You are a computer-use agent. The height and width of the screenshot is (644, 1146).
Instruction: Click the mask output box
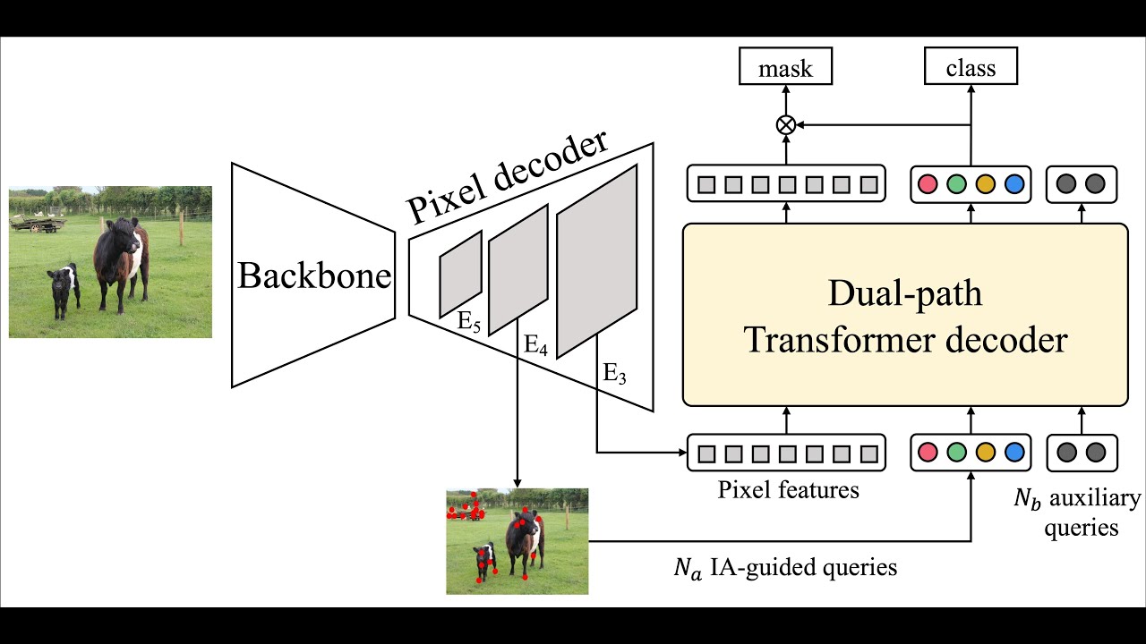[x=785, y=68]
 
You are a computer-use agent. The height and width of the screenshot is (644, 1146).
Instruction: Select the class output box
[x=971, y=68]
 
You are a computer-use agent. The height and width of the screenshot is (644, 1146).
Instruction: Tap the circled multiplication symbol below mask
[x=785, y=125]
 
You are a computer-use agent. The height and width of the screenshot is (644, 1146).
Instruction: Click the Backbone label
[x=313, y=276]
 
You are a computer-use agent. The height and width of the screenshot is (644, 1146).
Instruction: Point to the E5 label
[x=469, y=322]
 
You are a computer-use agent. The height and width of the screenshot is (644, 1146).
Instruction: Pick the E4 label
[x=535, y=344]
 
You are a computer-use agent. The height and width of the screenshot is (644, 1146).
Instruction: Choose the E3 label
[x=614, y=374]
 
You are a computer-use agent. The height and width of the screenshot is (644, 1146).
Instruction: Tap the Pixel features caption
[x=788, y=490]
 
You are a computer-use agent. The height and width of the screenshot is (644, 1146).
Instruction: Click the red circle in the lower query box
[x=928, y=453]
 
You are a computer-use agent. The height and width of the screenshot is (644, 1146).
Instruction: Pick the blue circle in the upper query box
[x=1013, y=184]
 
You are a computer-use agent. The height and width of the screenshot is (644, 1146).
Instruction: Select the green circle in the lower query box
[x=956, y=453]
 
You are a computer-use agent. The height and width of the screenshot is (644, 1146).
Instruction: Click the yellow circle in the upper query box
[x=985, y=184]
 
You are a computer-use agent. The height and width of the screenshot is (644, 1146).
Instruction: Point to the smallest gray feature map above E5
[x=460, y=273]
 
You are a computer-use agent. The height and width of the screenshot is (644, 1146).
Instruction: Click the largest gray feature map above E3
[x=596, y=261]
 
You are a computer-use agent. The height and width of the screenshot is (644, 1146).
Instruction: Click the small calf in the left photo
[x=64, y=289]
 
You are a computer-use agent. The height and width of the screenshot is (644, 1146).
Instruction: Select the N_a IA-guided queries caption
[x=785, y=567]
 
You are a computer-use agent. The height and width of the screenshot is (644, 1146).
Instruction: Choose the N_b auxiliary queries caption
[x=1078, y=513]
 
